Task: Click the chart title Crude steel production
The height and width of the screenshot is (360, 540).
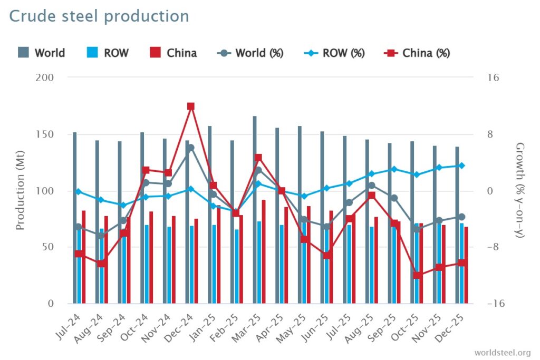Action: (99, 16)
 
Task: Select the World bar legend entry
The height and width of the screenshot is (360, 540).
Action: (42, 53)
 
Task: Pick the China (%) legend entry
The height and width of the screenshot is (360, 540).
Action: (420, 53)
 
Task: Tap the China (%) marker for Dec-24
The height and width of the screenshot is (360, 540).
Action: (191, 106)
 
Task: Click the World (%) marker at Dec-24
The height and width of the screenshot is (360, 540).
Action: (191, 148)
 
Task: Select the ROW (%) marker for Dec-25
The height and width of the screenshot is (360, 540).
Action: (461, 166)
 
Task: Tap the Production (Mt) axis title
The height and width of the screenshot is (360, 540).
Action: (20, 191)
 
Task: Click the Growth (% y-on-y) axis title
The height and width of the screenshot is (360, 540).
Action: (520, 191)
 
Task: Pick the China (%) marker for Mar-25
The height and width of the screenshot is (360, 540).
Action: (258, 158)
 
